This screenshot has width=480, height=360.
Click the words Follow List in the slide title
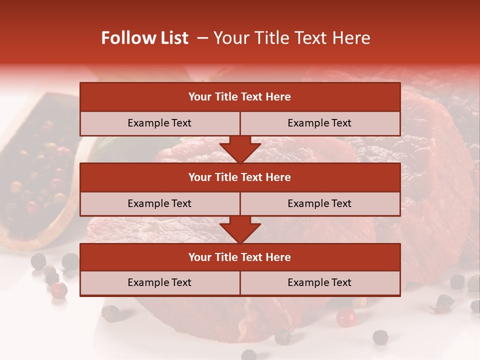[144, 38]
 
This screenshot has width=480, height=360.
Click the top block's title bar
[240, 97]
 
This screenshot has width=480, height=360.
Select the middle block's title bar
[240, 177]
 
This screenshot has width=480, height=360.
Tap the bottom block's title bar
[240, 257]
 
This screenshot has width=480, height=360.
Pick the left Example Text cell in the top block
[159, 123]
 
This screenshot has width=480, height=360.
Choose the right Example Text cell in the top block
[320, 123]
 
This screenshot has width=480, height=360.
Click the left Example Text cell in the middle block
[159, 203]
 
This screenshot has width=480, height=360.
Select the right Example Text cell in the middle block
[320, 203]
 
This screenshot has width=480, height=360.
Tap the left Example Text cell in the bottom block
[159, 282]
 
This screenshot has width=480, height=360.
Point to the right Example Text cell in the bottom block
[320, 282]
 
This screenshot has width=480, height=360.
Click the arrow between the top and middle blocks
[240, 149]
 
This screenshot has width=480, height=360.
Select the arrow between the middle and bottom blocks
[240, 229]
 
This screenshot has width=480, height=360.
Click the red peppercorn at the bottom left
[59, 289]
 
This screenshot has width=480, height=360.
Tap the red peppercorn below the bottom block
[345, 317]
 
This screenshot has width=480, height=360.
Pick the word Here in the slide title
[352, 38]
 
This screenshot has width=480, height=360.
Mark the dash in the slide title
[202, 38]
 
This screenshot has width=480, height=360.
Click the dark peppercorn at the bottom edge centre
[248, 355]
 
